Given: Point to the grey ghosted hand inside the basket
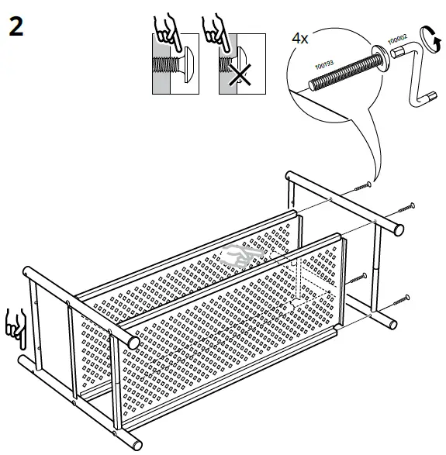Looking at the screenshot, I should (x=238, y=257).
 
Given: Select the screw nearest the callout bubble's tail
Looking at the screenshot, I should (x=363, y=187).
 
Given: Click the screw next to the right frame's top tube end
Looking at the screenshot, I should (x=406, y=208).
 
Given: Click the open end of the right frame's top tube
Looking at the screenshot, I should (x=399, y=228).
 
